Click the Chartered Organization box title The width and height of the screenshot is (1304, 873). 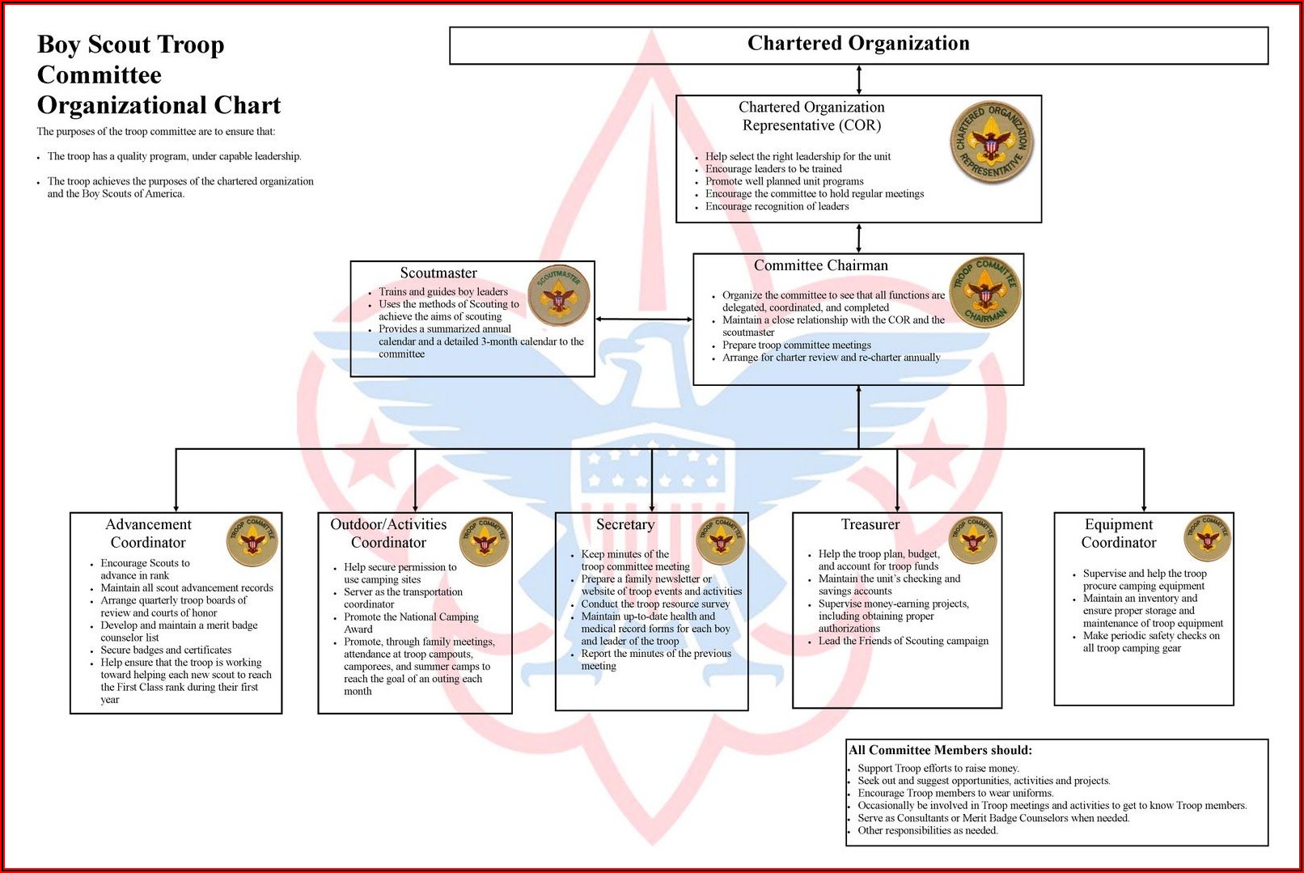pyautogui.click(x=858, y=44)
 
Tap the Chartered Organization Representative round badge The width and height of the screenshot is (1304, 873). pyautogui.click(x=992, y=142)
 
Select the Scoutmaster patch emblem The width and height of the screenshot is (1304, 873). pyautogui.click(x=559, y=295)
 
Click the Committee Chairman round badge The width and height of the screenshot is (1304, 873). pyautogui.click(x=985, y=293)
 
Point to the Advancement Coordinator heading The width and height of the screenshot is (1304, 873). pyautogui.click(x=148, y=533)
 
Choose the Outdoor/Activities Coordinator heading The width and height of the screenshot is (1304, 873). pyautogui.click(x=388, y=533)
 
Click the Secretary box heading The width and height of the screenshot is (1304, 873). pyautogui.click(x=625, y=524)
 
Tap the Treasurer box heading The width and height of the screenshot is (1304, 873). pyautogui.click(x=870, y=524)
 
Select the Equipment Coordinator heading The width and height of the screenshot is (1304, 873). pyautogui.click(x=1119, y=533)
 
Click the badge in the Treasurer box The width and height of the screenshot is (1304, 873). pyautogui.click(x=972, y=540)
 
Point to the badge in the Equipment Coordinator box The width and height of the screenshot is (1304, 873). pyautogui.click(x=1208, y=538)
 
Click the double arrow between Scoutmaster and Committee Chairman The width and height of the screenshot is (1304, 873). pyautogui.click(x=644, y=319)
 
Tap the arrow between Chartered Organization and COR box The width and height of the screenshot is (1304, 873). pyautogui.click(x=859, y=80)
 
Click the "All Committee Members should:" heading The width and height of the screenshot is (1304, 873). pyautogui.click(x=941, y=750)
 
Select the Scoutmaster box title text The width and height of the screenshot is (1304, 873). pyautogui.click(x=438, y=273)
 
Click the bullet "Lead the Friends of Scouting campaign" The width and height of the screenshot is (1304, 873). pyautogui.click(x=903, y=641)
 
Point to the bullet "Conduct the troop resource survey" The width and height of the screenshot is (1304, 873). pyautogui.click(x=655, y=604)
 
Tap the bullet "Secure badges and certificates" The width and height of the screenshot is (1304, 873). pyautogui.click(x=166, y=650)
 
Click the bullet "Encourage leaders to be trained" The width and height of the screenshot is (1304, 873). pyautogui.click(x=773, y=169)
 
